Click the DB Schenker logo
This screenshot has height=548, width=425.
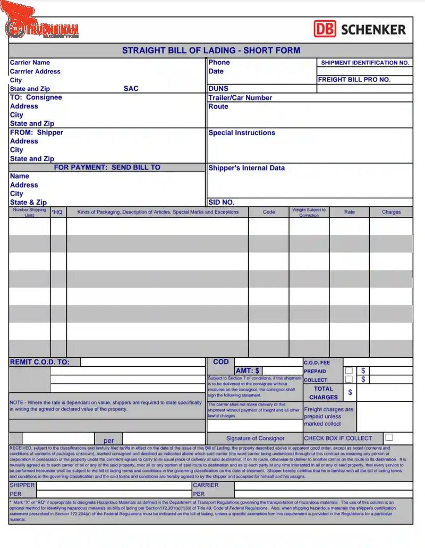[x=360, y=29]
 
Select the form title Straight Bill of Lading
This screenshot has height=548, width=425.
[x=211, y=50]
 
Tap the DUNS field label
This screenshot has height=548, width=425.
[x=218, y=89]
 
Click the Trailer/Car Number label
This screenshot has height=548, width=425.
[x=240, y=98]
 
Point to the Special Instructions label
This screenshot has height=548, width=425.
[x=242, y=133]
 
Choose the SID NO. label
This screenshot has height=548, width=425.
[x=221, y=203]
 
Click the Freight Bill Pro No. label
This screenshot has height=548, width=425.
[x=354, y=80]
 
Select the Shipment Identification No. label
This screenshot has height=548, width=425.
[x=365, y=63]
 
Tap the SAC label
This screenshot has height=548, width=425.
[x=131, y=89]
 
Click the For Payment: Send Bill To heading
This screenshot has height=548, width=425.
[x=107, y=167]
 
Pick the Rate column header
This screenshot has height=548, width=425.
[x=349, y=212]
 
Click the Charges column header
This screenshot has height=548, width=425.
[x=391, y=212]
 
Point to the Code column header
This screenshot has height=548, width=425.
[x=269, y=212]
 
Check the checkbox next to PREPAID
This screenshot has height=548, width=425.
[x=349, y=370]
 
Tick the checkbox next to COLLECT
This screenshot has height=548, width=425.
[x=349, y=380]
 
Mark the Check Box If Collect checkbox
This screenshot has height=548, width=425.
[x=389, y=438]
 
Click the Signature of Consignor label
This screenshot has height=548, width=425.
[x=255, y=439]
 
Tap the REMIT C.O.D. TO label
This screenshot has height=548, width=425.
[x=40, y=362]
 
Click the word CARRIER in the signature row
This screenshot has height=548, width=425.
[x=205, y=485]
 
